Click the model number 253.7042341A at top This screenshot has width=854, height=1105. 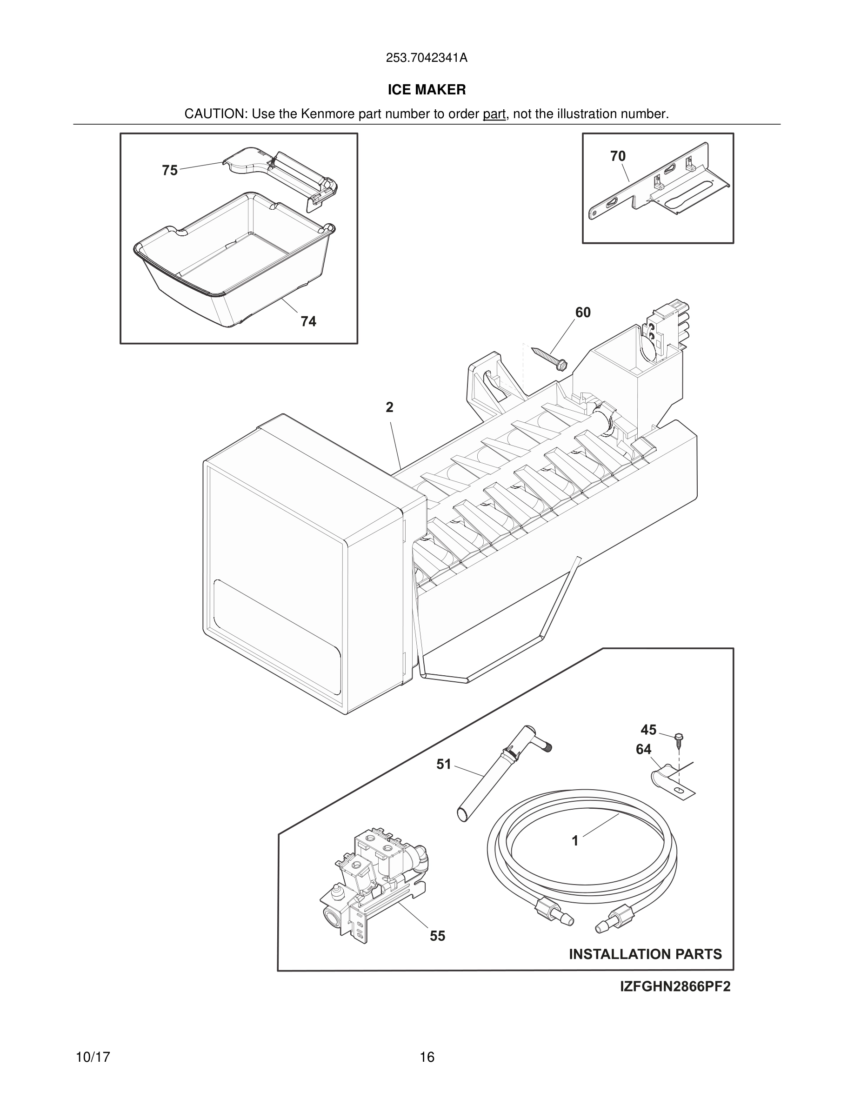427,58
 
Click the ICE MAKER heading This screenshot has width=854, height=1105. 427,90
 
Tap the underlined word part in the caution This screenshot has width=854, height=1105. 494,114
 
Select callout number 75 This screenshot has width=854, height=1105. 170,171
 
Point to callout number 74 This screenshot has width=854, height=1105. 308,321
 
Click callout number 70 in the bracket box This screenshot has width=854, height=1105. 618,156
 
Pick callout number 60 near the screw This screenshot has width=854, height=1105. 583,313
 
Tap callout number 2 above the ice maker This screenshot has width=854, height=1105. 389,407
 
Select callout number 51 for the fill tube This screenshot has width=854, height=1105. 444,764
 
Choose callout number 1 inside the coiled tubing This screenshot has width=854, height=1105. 575,841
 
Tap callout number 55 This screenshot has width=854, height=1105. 438,936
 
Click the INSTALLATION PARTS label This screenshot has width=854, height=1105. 645,954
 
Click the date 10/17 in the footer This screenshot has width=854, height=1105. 93,1057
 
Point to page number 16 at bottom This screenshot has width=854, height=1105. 427,1057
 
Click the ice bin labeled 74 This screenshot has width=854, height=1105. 233,258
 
